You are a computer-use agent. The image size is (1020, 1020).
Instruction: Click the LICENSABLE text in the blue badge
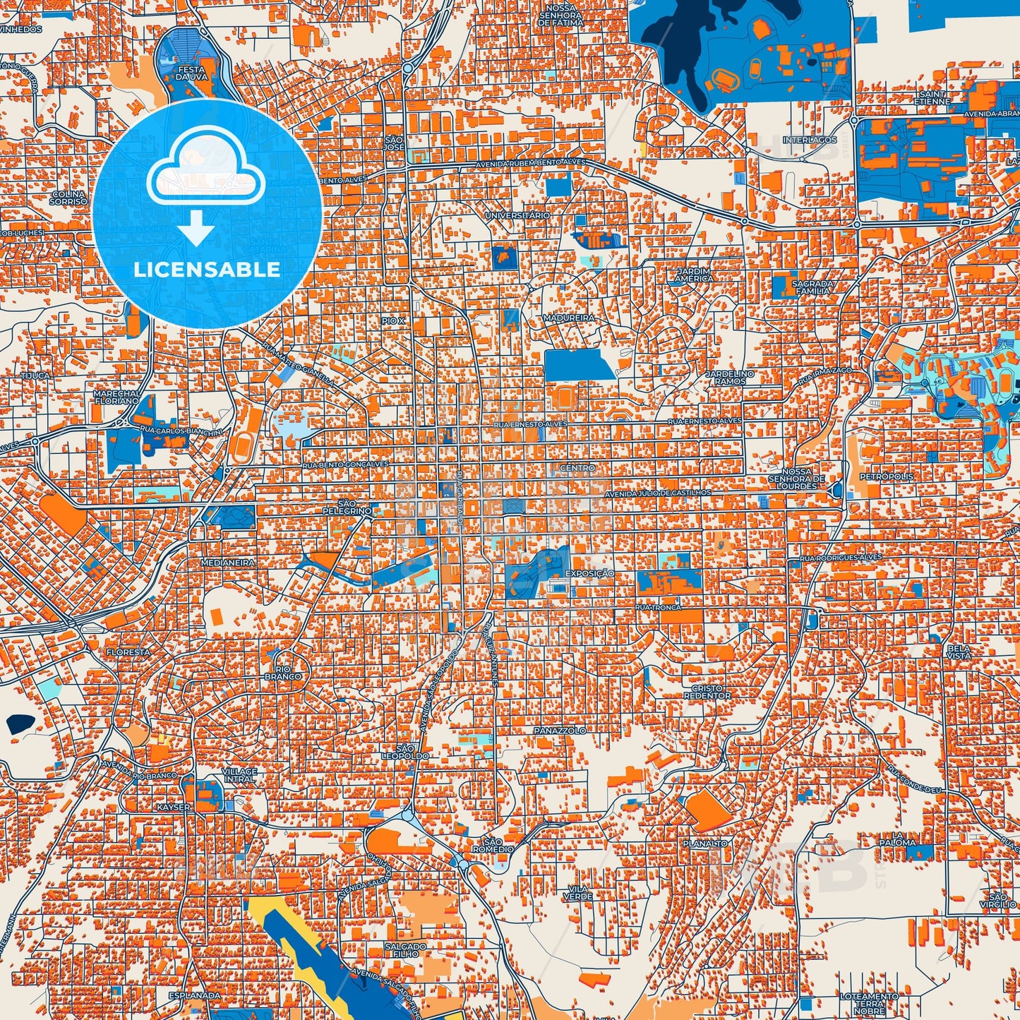207,270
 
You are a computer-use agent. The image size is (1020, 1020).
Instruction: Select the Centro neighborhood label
577,467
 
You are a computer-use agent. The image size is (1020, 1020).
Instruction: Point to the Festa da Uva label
192,73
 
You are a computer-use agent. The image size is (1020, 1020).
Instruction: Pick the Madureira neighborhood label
569,318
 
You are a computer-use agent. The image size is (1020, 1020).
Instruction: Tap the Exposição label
589,574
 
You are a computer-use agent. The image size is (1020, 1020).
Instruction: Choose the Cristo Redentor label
707,692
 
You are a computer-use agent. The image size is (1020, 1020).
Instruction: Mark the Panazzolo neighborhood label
560,730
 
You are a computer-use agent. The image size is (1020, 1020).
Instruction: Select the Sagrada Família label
814,287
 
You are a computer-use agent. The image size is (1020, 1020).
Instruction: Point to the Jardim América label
694,275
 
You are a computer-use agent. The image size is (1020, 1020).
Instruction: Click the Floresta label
128,652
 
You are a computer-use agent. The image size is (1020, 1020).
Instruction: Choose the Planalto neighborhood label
704,844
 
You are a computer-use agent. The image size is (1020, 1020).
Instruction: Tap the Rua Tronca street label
658,607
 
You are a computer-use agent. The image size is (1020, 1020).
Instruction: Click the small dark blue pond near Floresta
20,722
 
